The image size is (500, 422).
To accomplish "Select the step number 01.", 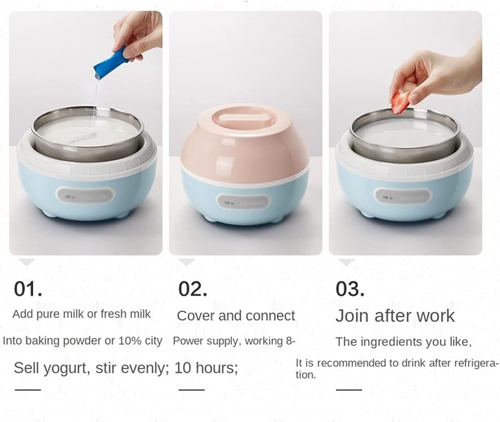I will [28, 289].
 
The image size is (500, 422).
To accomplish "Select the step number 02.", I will [193, 289].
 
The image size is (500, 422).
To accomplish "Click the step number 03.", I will [350, 289].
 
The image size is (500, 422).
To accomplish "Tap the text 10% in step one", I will [130, 341].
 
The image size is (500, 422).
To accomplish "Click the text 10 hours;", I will [206, 368].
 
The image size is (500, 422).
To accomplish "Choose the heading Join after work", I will [395, 316].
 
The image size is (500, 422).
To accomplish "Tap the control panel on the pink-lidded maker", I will [243, 202].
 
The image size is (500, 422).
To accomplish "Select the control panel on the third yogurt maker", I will [403, 195].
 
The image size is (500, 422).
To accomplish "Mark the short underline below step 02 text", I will [192, 389].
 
